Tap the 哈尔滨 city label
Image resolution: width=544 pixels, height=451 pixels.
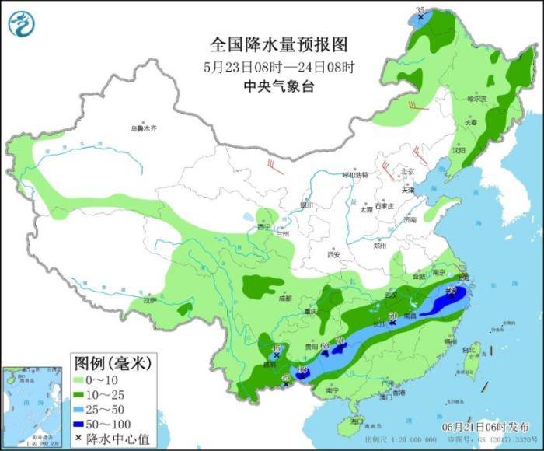(476, 99)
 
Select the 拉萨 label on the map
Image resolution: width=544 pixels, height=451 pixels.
(150, 299)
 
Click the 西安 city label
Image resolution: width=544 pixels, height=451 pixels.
(334, 253)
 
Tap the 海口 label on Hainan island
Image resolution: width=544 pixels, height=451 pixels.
(357, 421)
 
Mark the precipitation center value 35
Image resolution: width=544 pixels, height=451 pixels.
(420, 10)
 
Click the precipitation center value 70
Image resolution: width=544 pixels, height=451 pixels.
(338, 340)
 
